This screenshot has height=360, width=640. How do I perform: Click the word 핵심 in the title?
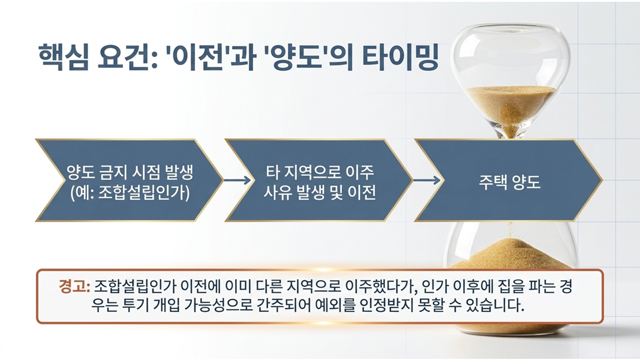pos(63,57)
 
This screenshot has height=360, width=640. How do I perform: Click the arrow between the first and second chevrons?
pos(237,180)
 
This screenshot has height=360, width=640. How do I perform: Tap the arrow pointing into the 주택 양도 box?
pos(427,180)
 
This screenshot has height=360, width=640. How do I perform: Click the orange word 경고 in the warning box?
pos(74,287)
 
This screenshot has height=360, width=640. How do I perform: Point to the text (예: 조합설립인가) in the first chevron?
pos(130,193)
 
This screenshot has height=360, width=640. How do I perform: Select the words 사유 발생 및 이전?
pos(320,192)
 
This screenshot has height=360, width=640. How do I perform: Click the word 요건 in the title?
pos(127,57)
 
